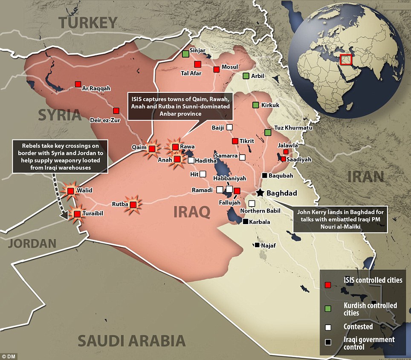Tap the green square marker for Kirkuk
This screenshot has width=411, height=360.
pyautogui.click(x=255, y=105)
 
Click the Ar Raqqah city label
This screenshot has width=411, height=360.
pyautogui.click(x=96, y=89)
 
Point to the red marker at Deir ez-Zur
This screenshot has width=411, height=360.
pyautogui.click(x=116, y=110)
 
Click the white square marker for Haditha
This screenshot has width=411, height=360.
pyautogui.click(x=191, y=160)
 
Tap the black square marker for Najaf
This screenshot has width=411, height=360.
pyautogui.click(x=257, y=245)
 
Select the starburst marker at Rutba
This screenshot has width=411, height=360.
pyautogui.click(x=133, y=205)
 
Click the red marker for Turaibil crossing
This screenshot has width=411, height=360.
pyautogui.click(x=77, y=214)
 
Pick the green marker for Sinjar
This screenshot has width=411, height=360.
pyautogui.click(x=185, y=54)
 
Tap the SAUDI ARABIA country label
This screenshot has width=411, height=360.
pyautogui.click(x=132, y=341)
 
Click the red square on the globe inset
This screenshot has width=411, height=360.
pyautogui.click(x=346, y=60)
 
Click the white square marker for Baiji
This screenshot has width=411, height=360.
pyautogui.click(x=230, y=127)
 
